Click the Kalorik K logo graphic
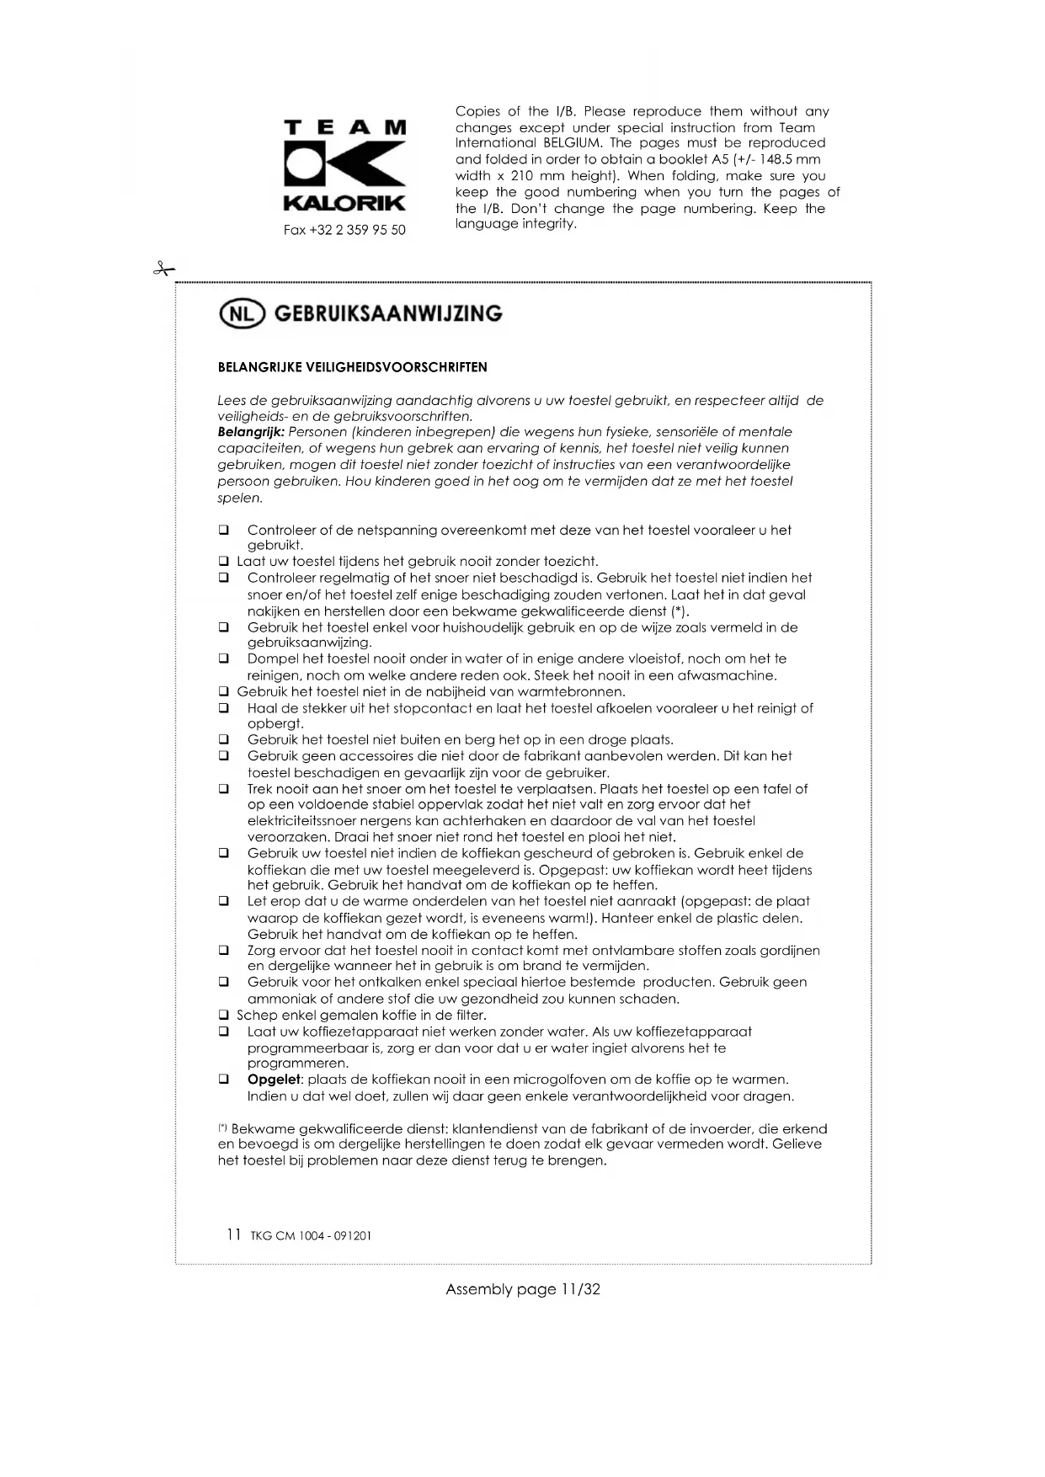pyautogui.click(x=344, y=165)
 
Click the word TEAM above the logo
pyautogui.click(x=344, y=127)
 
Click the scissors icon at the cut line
pyautogui.click(x=163, y=269)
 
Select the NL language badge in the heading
pyautogui.click(x=242, y=313)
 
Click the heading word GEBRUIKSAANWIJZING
pyautogui.click(x=388, y=313)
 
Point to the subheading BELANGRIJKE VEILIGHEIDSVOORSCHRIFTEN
pyautogui.click(x=352, y=367)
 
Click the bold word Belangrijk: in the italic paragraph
pyautogui.click(x=251, y=432)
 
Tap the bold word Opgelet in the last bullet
pyautogui.click(x=274, y=1080)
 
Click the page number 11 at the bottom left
pyautogui.click(x=234, y=1234)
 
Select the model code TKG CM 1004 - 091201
pyautogui.click(x=311, y=1236)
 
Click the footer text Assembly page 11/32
pyautogui.click(x=522, y=1289)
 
